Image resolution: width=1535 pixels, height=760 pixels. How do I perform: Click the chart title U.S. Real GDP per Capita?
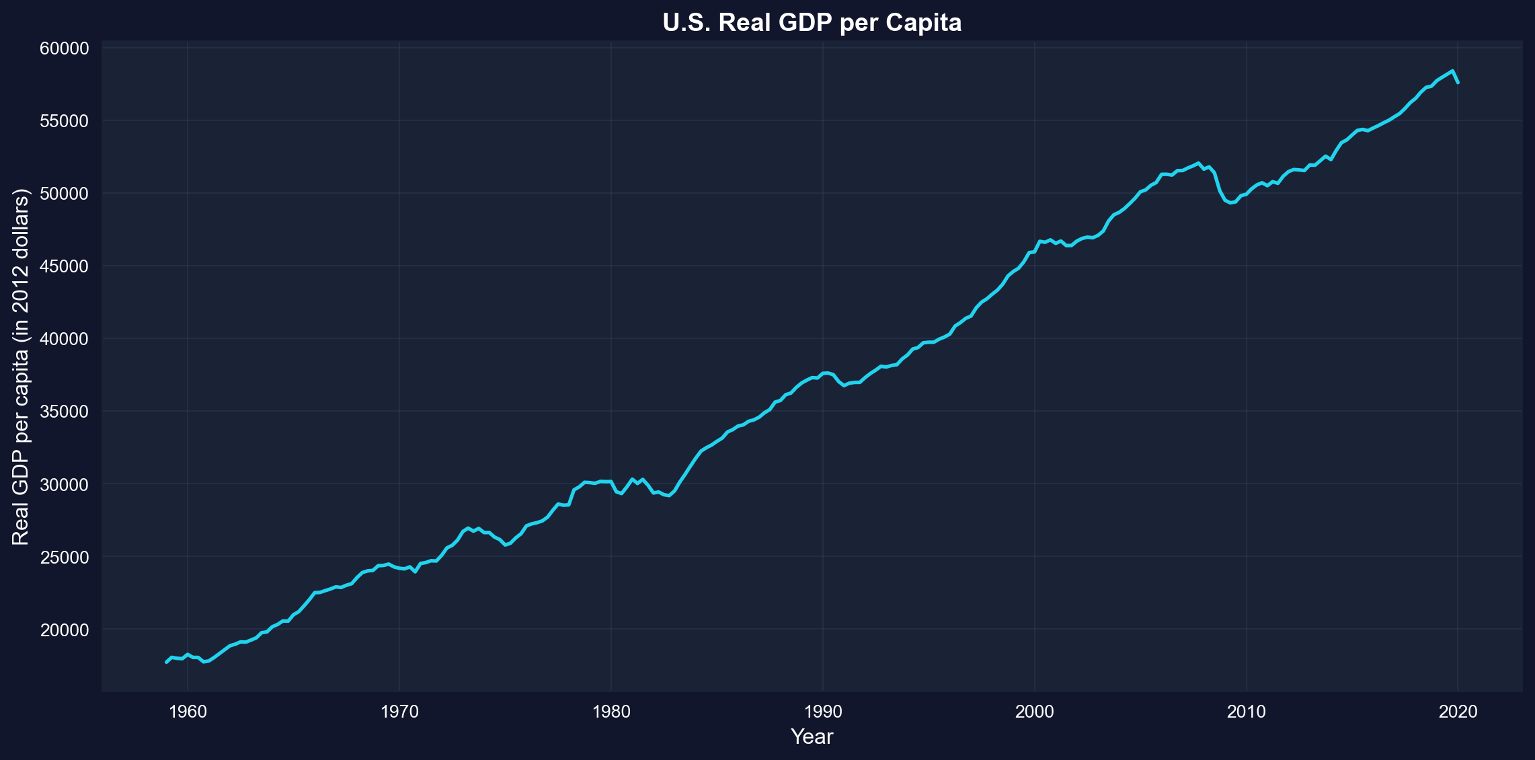812,23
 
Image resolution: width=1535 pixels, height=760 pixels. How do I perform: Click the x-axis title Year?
812,737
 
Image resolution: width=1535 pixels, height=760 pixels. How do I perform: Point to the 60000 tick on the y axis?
65,48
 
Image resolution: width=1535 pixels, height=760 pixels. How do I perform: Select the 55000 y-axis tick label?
65,121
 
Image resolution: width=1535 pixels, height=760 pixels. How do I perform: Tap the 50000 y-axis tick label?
65,194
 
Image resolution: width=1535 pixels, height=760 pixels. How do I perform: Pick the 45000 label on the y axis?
65,266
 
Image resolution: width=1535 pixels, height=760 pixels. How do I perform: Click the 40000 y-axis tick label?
65,339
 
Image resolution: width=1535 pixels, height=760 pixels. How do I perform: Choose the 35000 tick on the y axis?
65,412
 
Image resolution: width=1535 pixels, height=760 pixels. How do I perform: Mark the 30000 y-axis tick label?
65,484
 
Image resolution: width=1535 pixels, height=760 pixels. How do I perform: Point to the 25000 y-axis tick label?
65,557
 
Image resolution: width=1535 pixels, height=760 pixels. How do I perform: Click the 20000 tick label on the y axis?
65,630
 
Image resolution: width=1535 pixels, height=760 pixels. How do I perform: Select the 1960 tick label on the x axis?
188,712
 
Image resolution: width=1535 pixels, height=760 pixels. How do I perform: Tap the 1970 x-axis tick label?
399,712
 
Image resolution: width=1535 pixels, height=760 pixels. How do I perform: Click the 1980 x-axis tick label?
611,712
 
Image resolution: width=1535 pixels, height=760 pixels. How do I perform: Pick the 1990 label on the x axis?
823,712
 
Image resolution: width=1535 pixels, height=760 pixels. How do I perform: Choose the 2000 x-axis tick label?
1035,712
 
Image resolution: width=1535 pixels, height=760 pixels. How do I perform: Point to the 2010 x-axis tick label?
1247,712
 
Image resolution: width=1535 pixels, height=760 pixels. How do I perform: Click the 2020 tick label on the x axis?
1458,712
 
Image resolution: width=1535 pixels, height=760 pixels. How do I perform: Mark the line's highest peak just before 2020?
1452,71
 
